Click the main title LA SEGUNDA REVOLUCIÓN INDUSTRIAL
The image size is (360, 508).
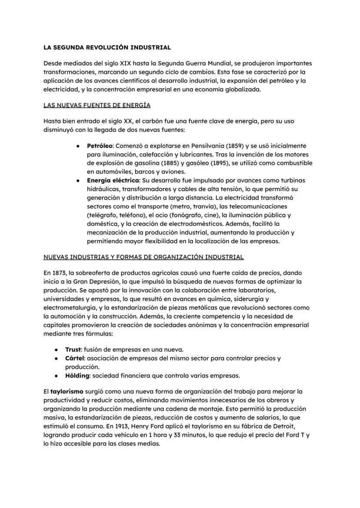[x=107, y=47]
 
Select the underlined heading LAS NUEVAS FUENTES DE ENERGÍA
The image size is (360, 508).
[x=97, y=105]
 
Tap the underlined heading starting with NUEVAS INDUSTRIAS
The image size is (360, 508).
[x=143, y=257]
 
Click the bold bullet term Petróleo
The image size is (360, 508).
[x=100, y=146]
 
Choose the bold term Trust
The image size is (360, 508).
[x=73, y=349]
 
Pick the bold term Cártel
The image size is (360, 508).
[x=75, y=358]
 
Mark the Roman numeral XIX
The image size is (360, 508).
[x=121, y=63]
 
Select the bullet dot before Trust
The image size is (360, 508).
[x=57, y=350]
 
